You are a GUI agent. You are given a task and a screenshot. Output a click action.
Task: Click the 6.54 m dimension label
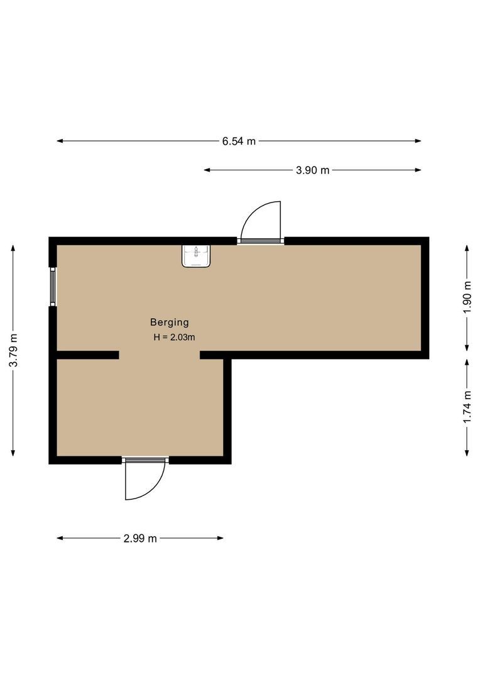tap(239, 141)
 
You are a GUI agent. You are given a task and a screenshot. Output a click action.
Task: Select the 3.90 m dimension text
tap(312, 170)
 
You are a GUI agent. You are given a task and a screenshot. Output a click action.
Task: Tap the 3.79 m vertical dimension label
tap(13, 351)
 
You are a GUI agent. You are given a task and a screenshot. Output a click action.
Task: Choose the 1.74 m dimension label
tap(466, 407)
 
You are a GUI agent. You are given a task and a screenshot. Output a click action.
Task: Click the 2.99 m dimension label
tap(139, 538)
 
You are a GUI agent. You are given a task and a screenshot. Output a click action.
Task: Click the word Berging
tap(169, 323)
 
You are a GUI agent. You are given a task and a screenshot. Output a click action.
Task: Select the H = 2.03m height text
tap(174, 338)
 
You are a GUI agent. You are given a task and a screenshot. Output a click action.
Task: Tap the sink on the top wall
tap(197, 256)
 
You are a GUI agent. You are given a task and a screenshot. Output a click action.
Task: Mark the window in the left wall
tap(53, 287)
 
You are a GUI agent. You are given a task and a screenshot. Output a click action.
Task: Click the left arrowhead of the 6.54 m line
tap(59, 141)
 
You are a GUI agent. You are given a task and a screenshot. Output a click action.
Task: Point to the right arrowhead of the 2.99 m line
tap(221, 538)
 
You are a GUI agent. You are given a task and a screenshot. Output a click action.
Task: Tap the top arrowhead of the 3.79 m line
tap(13, 247)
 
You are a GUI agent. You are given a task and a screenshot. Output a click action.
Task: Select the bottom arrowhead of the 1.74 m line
tap(466, 454)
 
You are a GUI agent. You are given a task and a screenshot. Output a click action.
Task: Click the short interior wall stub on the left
tap(87, 355)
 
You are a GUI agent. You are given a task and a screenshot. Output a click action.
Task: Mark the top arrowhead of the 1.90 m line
tap(466, 247)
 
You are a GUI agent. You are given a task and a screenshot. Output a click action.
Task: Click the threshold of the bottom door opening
tap(145, 460)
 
